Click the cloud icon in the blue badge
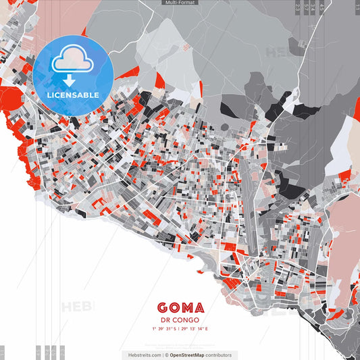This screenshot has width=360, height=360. click(x=70, y=60)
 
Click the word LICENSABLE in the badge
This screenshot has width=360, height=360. click(x=73, y=95)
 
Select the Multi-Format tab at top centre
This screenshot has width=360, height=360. click(x=180, y=3)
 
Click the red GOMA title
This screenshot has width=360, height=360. click(x=180, y=309)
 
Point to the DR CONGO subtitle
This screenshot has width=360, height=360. click(x=180, y=321)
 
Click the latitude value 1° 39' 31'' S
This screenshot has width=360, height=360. click(x=163, y=329)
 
